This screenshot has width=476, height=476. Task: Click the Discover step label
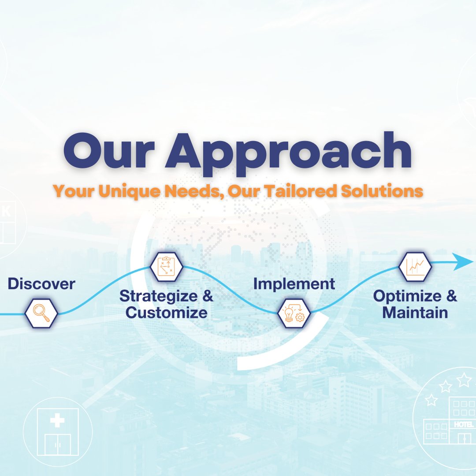41,284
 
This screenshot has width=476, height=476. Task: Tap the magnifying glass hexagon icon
41,313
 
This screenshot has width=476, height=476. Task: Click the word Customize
166,312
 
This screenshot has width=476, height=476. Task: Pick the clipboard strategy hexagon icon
166,266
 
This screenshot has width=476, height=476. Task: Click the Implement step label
294,284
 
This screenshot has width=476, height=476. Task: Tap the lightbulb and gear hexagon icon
294,313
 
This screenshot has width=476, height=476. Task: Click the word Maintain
415,312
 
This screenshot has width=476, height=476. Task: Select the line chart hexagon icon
415,266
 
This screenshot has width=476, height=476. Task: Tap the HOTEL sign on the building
463,424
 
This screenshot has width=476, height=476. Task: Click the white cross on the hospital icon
57,420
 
